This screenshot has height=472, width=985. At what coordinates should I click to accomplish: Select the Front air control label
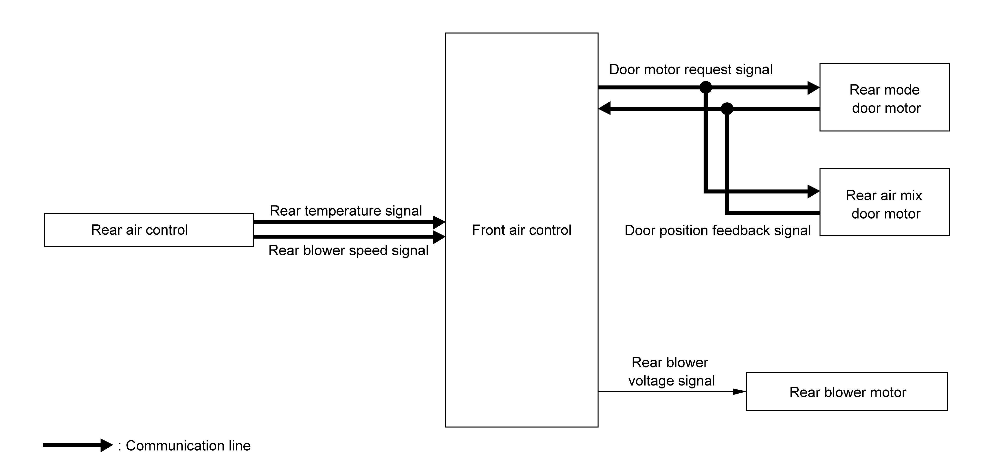pos(522,230)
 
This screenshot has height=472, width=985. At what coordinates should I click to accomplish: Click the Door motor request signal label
pos(691,69)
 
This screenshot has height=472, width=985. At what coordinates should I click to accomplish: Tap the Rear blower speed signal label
pos(348,250)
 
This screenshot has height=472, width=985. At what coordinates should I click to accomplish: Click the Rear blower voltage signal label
pos(671,372)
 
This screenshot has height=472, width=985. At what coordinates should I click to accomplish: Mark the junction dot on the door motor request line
pos(706,87)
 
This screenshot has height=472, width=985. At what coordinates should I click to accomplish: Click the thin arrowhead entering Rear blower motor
pos(739,391)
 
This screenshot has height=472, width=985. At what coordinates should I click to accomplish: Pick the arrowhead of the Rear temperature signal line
pos(439,222)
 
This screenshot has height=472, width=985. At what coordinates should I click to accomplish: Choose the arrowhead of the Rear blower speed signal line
pos(439,237)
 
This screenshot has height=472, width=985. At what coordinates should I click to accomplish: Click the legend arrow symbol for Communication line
pos(78,445)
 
